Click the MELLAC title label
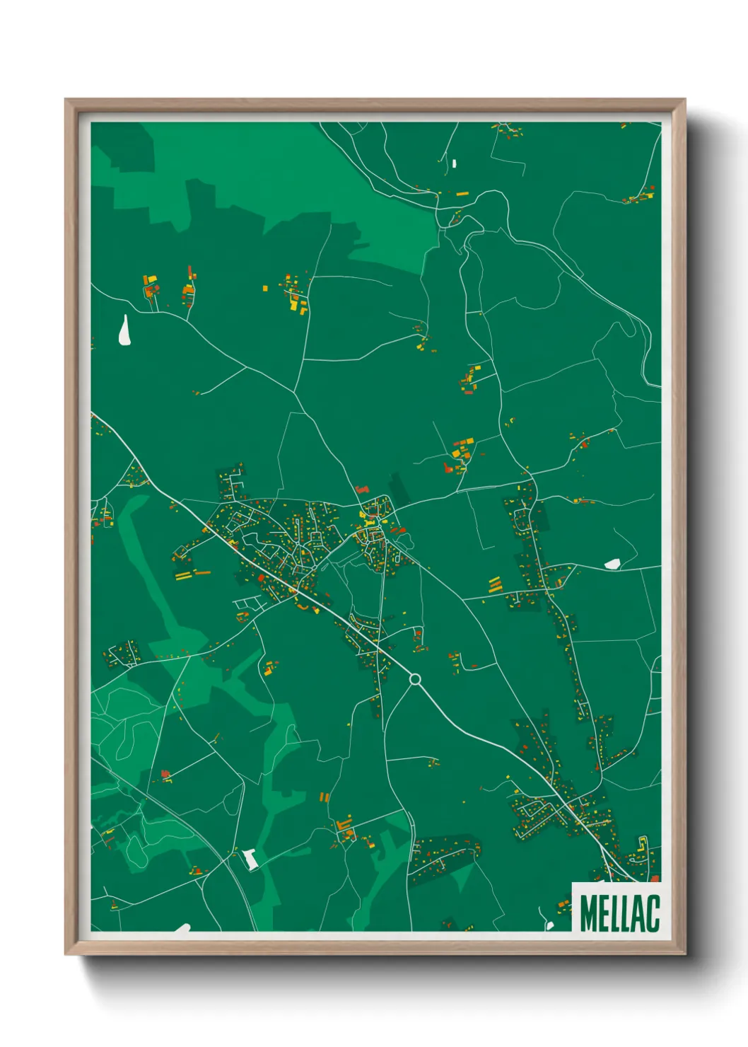[619, 913]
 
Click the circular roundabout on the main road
[415, 680]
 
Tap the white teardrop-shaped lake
[126, 331]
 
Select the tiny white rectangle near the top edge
[454, 164]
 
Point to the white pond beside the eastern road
[612, 564]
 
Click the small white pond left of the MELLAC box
[550, 925]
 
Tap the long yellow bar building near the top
[462, 194]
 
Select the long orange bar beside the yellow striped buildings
[202, 572]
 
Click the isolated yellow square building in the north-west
[265, 288]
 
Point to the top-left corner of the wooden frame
[66, 100]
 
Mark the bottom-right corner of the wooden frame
[684, 954]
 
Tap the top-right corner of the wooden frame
[684, 100]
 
